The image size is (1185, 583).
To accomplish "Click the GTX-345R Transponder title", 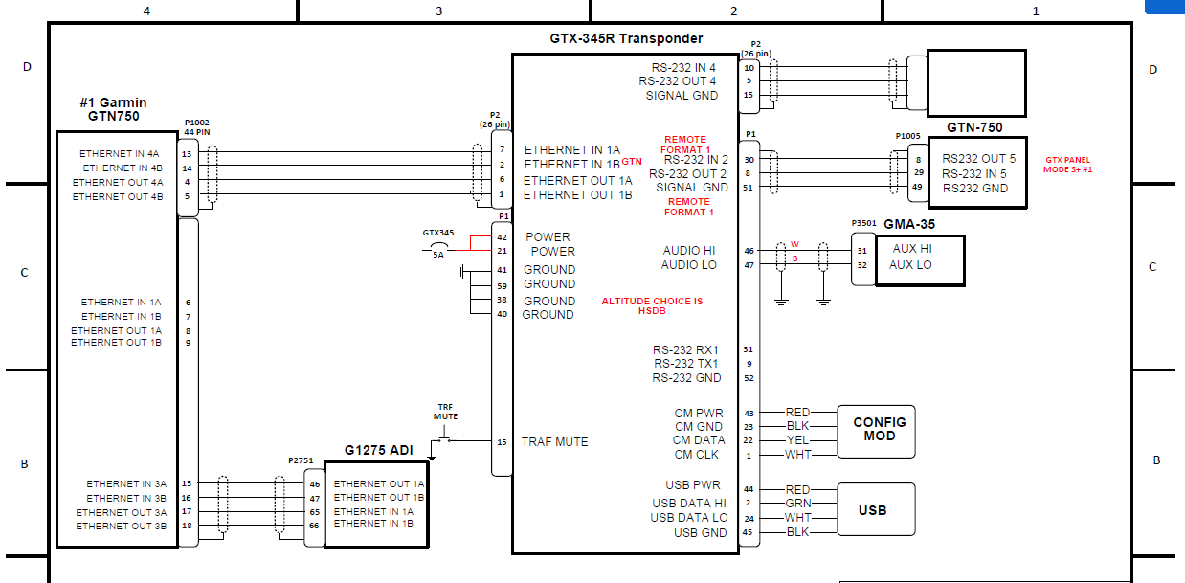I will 626,39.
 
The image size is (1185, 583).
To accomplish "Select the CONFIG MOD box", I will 879,429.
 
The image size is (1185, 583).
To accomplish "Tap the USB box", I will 872,510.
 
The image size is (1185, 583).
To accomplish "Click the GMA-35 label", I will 908,224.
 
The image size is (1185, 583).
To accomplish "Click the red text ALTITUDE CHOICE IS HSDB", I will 652,305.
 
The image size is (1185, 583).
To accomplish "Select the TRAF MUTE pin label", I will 554,442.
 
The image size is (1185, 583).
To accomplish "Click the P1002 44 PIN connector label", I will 197,127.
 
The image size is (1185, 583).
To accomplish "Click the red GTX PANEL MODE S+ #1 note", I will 1068,165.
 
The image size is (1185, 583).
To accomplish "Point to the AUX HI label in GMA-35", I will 911,249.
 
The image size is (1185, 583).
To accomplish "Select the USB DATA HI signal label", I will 689,503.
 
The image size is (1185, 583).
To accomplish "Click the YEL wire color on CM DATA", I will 797,440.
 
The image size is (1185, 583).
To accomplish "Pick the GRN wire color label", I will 798,503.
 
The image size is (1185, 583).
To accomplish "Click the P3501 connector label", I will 863,223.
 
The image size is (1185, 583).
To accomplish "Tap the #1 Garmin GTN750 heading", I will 114,109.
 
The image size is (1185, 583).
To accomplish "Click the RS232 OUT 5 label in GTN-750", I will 979,159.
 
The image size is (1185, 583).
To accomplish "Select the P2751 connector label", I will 301,460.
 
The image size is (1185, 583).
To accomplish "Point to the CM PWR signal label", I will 699,414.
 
